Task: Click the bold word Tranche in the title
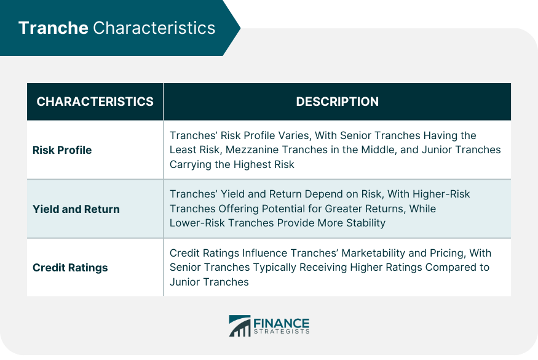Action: point(53,28)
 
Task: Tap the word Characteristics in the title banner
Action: point(154,28)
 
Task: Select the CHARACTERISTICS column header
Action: point(95,102)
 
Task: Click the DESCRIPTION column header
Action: point(338,102)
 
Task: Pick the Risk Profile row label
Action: point(62,150)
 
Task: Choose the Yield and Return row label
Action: point(76,209)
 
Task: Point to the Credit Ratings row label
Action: point(70,268)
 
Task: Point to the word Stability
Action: point(366,223)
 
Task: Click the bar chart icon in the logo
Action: point(240,326)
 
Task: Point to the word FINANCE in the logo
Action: point(282,323)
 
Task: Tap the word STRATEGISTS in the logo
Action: point(282,332)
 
